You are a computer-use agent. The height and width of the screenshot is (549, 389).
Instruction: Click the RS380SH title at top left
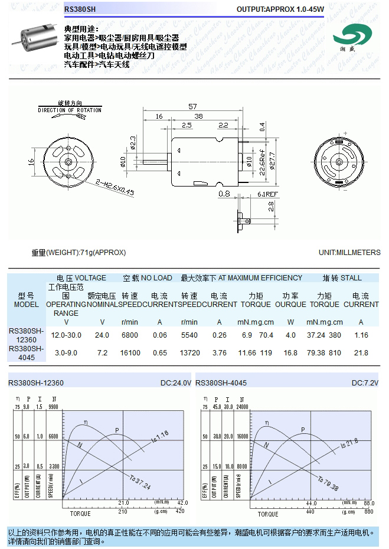pos(80,9)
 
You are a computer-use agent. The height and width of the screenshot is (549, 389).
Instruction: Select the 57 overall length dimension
pos(192,106)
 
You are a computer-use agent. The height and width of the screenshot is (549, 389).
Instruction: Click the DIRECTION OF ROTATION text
pos(70,110)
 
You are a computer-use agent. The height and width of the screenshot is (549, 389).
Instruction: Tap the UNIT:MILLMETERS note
pos(349,253)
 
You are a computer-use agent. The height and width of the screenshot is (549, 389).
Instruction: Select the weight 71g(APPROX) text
pos(79,253)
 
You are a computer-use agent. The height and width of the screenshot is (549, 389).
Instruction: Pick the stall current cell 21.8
pos(361,353)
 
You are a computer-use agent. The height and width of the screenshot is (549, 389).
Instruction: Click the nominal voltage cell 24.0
pos(102,335)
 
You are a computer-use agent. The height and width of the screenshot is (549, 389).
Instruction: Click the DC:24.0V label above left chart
pos(176,383)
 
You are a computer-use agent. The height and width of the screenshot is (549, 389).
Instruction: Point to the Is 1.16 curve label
pos(160,437)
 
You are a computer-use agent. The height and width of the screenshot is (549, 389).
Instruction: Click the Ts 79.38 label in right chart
pos(328,484)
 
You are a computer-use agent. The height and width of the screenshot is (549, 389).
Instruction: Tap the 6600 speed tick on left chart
pos(54,436)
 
